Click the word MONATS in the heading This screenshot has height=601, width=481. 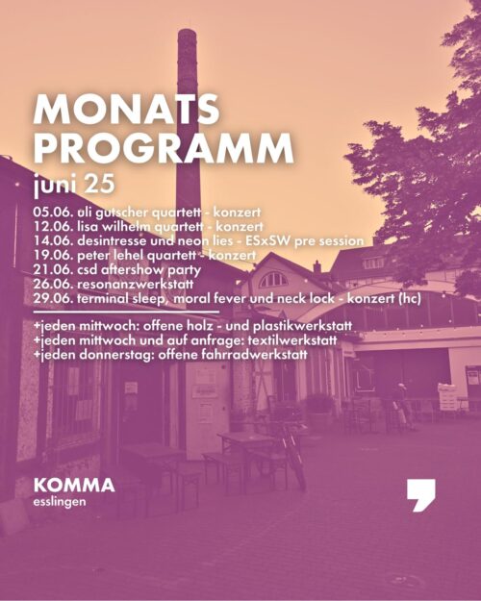[x=127, y=110]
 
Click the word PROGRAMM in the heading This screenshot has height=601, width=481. [x=164, y=148]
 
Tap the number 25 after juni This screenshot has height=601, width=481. [x=99, y=184]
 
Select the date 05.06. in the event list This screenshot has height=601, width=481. [x=53, y=212]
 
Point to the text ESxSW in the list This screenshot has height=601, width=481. [x=267, y=240]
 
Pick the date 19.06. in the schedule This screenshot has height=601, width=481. [x=53, y=255]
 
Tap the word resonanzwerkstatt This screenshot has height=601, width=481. [x=136, y=285]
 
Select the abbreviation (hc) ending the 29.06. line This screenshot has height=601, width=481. [x=410, y=299]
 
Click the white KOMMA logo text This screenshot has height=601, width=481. [x=74, y=486]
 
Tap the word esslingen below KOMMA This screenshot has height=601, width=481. [x=60, y=502]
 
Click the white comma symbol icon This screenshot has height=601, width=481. [x=420, y=495]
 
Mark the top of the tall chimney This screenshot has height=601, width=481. [x=188, y=30]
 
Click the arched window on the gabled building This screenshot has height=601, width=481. [x=273, y=280]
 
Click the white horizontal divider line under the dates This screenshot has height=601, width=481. [x=127, y=312]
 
